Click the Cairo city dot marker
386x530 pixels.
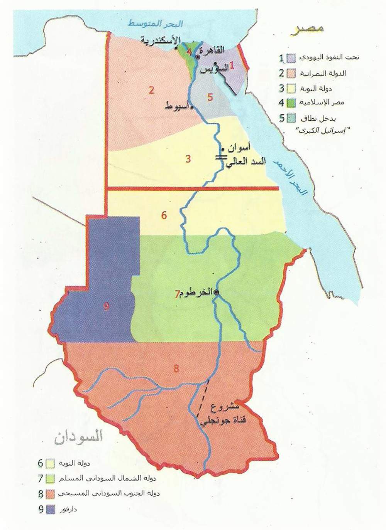pyautogui.click(x=198, y=57)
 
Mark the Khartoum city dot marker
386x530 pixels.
pyautogui.click(x=216, y=293)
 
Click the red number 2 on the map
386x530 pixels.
pyautogui.click(x=152, y=90)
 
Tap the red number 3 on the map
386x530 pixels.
pyautogui.click(x=188, y=158)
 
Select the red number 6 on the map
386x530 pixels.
pyautogui.click(x=164, y=215)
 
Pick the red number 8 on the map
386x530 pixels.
pyautogui.click(x=176, y=368)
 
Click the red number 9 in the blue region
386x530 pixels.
pyautogui.click(x=107, y=307)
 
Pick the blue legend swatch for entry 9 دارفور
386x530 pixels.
pyautogui.click(x=50, y=509)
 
